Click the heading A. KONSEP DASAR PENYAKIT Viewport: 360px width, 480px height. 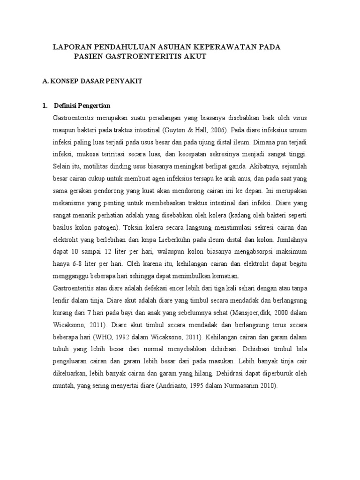tap(92, 81)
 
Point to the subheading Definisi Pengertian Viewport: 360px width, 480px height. tap(82, 105)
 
